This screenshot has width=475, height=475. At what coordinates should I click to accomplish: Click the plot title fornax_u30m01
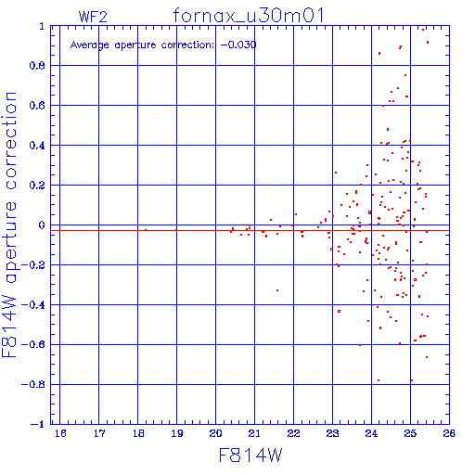point(249,16)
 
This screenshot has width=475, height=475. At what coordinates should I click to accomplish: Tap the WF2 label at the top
point(93,17)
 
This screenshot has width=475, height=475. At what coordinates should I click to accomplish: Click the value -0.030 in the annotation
point(238,45)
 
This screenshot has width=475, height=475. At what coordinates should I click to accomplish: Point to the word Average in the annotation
point(90,45)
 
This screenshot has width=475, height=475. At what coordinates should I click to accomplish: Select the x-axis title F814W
point(250,455)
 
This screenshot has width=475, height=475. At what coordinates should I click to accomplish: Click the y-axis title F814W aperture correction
point(9,225)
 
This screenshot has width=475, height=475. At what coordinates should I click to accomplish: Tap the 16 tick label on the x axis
point(60,433)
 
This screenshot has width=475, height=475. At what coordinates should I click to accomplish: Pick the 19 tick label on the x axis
point(177,433)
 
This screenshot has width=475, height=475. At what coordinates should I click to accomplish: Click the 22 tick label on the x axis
point(293,433)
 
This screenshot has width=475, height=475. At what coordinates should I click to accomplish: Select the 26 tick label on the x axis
point(449,433)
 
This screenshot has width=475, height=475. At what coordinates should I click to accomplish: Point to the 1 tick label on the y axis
point(42,26)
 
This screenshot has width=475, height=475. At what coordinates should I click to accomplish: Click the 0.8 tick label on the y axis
point(37,66)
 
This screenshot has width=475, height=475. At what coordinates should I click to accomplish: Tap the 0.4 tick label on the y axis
point(37,146)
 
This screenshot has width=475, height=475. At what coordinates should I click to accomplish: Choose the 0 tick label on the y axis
point(42,225)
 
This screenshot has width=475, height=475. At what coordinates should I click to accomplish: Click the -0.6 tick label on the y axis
point(33,344)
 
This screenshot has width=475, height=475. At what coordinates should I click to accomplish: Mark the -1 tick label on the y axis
point(38,424)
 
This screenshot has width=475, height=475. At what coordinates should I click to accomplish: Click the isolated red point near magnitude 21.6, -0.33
point(277,290)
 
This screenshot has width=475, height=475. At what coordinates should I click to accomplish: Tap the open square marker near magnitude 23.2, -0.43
point(340,312)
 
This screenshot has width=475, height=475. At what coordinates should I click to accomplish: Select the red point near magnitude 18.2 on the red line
point(146,230)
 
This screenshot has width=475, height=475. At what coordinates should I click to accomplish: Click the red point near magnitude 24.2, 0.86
point(379,54)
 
